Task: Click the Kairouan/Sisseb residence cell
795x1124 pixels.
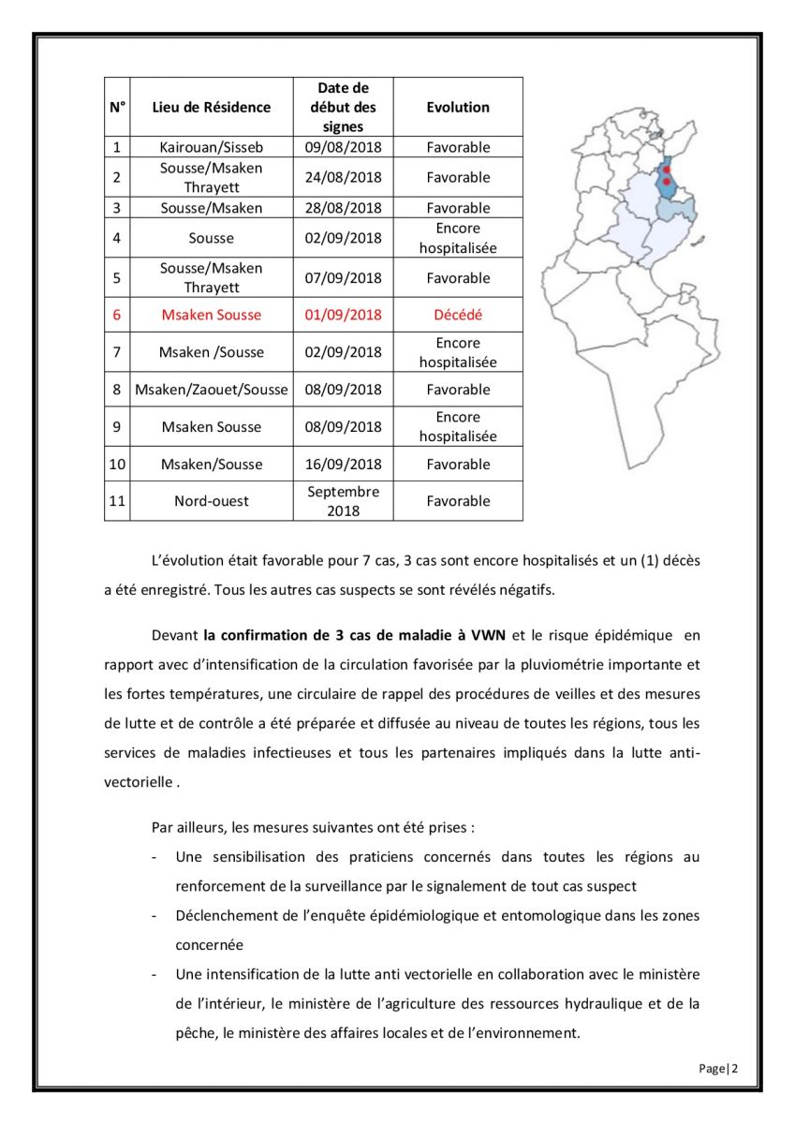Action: (212, 147)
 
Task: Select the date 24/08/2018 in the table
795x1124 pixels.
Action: (344, 177)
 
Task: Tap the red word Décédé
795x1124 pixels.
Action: (458, 315)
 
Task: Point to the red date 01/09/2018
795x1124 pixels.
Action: (344, 315)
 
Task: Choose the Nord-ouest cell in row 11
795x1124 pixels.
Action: (212, 501)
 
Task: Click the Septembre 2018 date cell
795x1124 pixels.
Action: (344, 501)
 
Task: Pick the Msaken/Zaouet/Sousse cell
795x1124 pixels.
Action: (212, 390)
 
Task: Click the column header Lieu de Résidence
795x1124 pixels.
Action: (212, 107)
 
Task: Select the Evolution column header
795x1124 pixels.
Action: (458, 107)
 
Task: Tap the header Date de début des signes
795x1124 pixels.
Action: (344, 107)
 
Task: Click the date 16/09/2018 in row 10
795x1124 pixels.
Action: (344, 465)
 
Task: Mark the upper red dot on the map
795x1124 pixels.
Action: (667, 170)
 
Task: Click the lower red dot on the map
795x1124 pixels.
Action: (667, 182)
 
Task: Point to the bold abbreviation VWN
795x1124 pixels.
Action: (488, 635)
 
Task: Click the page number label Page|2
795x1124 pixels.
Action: (718, 1069)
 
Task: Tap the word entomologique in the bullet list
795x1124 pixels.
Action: (540, 915)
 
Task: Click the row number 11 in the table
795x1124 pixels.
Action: (117, 501)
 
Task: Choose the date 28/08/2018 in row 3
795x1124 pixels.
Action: (344, 208)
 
